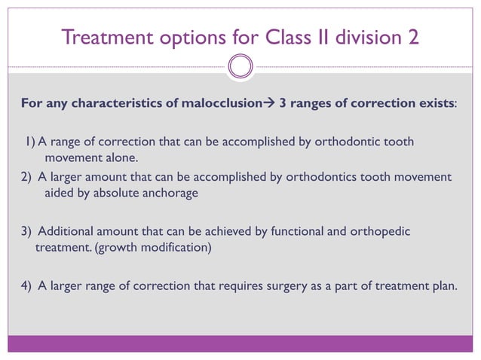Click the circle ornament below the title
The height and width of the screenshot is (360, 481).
coord(240,67)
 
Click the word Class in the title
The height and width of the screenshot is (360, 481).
coord(270,36)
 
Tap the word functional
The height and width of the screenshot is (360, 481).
coord(296,230)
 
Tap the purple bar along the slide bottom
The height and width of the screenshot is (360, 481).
coord(240,343)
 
